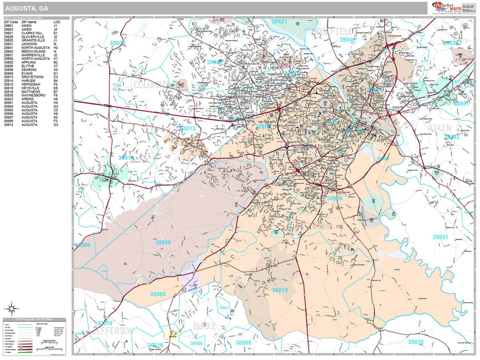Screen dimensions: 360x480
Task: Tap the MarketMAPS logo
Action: [446, 8]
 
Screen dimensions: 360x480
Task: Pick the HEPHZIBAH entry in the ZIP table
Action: [30, 84]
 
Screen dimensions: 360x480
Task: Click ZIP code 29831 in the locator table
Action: [8, 43]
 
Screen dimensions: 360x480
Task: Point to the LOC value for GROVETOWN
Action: [55, 77]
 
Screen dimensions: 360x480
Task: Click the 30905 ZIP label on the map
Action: [163, 242]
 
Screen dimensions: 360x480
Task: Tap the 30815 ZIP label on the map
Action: [280, 290]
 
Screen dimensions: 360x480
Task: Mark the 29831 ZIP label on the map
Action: [440, 237]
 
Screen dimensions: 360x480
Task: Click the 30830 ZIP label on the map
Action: [415, 342]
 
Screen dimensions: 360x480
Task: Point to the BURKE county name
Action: [205, 326]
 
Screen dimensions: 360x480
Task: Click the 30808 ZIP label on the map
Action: [82, 245]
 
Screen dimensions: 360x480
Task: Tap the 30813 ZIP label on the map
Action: [187, 129]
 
